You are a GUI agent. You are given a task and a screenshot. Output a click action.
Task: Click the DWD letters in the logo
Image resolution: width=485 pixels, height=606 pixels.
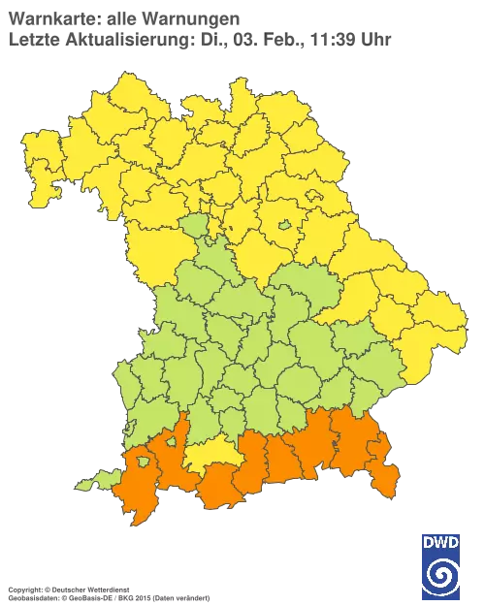pos(441,541)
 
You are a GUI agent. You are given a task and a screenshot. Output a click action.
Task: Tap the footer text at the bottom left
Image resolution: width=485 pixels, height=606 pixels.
pos(107,590)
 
